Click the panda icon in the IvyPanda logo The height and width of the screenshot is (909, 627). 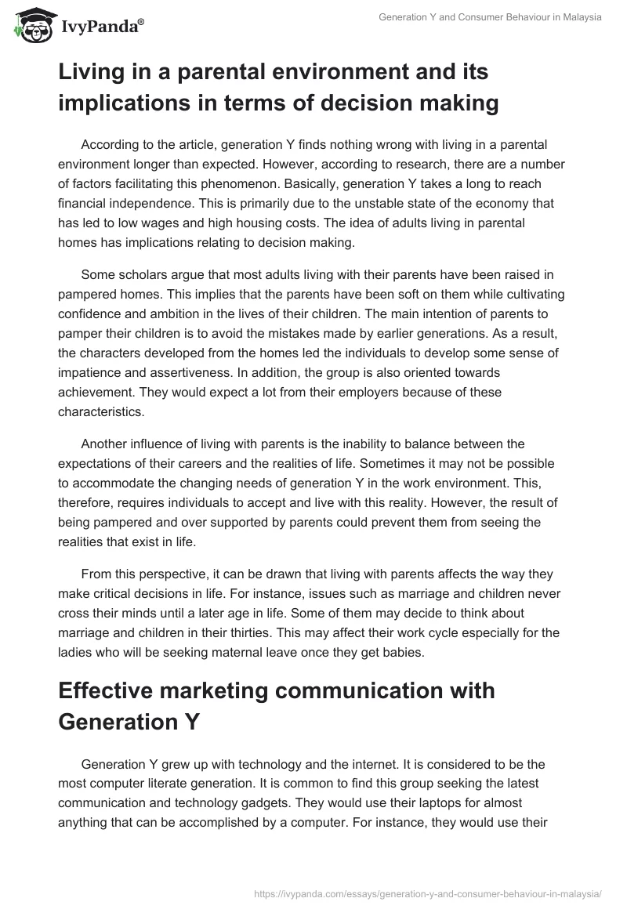tap(31, 26)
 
